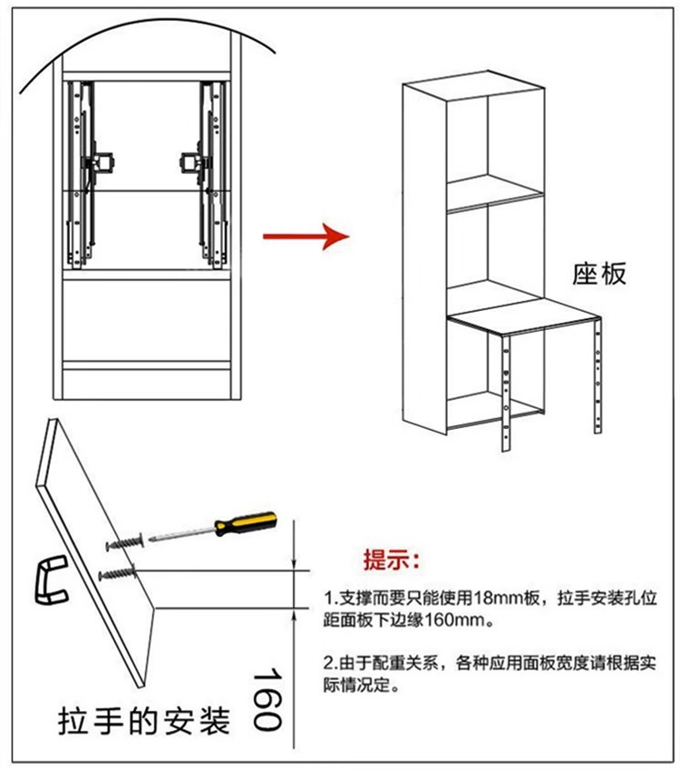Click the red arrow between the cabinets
[x=306, y=238]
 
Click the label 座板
[x=598, y=273]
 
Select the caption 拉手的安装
[x=141, y=722]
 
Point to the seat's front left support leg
[x=506, y=390]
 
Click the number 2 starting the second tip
[x=328, y=662]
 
